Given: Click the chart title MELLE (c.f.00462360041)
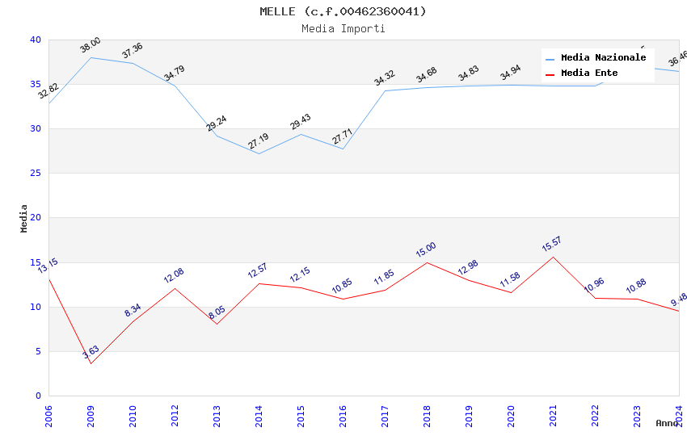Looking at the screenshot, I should (343, 11).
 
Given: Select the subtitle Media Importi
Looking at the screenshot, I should (343, 28).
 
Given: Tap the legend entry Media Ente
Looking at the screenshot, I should (589, 73).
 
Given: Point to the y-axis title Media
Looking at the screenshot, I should (24, 218).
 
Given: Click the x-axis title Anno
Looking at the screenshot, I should (667, 423).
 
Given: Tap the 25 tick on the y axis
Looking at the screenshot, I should (36, 174).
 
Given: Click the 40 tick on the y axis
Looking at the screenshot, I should (36, 40).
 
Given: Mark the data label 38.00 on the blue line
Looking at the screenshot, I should (91, 45).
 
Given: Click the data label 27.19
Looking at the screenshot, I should (259, 141).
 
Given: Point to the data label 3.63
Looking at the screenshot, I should (91, 353).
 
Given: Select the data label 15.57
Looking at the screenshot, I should (553, 244).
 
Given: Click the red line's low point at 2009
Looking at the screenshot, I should (91, 363).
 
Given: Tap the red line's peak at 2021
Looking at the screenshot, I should (553, 257).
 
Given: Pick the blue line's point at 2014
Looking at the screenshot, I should (259, 153).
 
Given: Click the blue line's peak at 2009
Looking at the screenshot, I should (91, 57).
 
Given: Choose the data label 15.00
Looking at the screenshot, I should (427, 249).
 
